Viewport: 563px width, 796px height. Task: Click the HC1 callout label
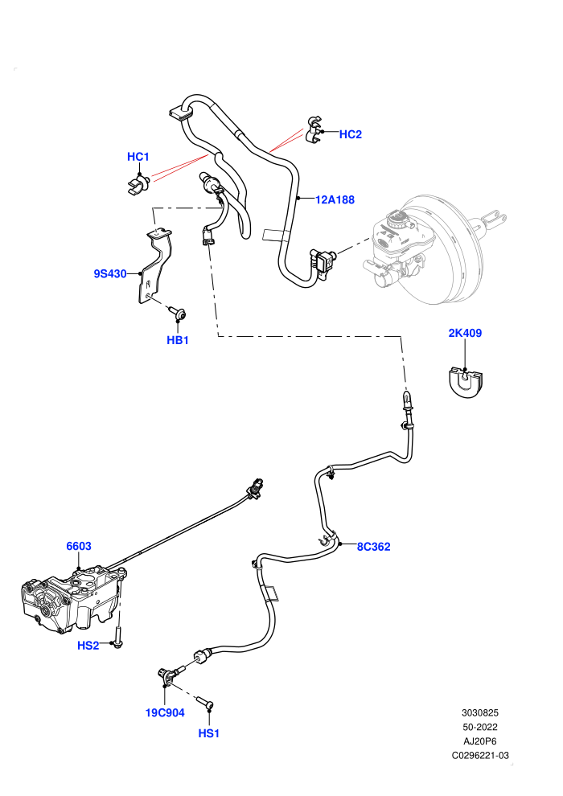click(138, 157)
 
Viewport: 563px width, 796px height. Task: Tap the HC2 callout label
click(351, 134)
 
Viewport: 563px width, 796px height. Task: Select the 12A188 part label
click(335, 200)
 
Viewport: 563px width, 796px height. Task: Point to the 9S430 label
click(110, 274)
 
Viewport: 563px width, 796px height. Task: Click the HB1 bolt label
click(178, 341)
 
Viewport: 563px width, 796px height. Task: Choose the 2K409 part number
click(465, 333)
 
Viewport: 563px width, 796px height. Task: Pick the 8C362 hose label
click(374, 547)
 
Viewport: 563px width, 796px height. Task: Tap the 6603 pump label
click(79, 546)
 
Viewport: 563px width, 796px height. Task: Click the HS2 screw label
click(88, 646)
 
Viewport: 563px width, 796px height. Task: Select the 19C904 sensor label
click(165, 712)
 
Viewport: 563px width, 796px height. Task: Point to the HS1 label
click(208, 733)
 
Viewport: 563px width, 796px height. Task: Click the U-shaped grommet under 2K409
click(466, 382)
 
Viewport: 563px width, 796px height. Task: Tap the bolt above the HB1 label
click(177, 313)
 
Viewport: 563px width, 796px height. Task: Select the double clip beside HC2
click(314, 129)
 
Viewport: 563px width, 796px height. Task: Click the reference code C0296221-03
click(480, 755)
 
